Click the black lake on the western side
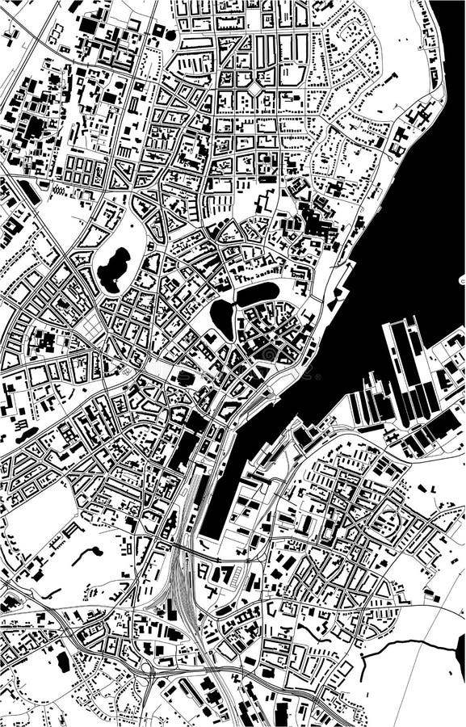coord(114,269)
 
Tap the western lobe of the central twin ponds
coord(222,316)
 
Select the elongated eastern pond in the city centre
coord(257,293)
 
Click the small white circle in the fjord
coord(462,280)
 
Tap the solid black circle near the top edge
coord(159,30)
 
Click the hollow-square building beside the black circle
coord(171,35)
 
